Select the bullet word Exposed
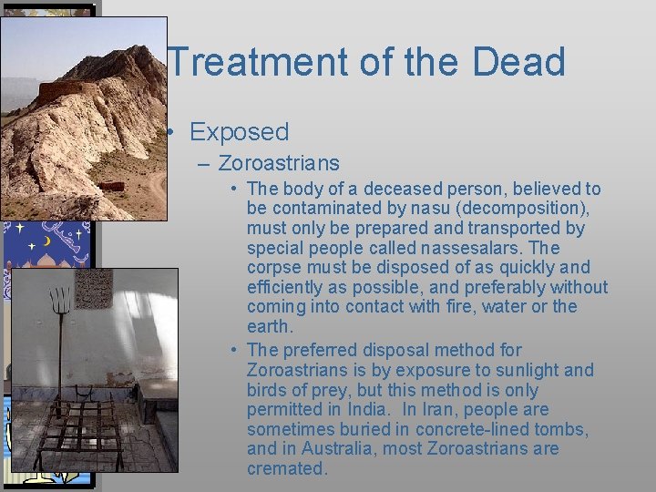tap(239, 132)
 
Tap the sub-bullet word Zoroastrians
tap(279, 164)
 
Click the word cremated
tap(286, 469)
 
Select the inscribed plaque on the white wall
tap(93, 288)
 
